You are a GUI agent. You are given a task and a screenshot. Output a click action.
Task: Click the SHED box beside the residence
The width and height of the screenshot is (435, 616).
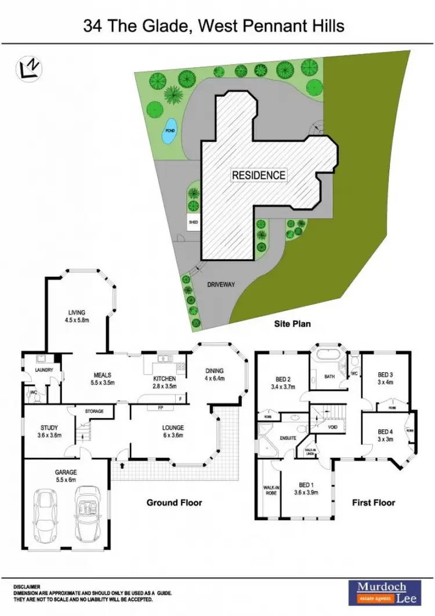coord(193,222)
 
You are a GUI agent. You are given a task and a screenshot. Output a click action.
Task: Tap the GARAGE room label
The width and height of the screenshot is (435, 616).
coord(66,473)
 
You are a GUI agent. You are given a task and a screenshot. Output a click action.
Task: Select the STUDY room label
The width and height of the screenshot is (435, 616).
coord(49,430)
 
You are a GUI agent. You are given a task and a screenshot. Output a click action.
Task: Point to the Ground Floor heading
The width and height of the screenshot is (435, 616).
coord(174,502)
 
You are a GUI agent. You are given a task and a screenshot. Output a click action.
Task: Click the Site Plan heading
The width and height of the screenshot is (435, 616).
coord(292,324)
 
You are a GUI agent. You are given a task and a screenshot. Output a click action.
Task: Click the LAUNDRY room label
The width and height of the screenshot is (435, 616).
coord(44,369)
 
